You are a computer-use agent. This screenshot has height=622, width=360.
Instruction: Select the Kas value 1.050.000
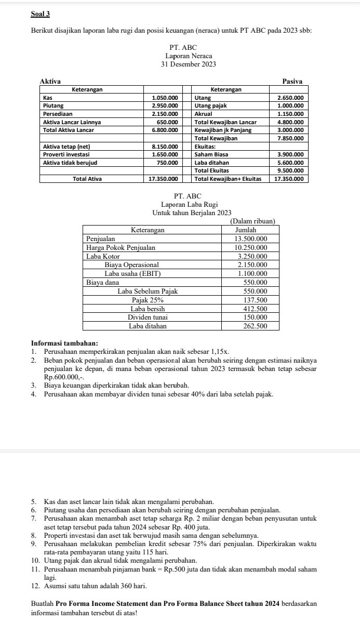(165, 97)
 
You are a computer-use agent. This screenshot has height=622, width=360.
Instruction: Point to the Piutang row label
(51, 105)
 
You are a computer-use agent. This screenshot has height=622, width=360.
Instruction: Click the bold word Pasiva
(292, 81)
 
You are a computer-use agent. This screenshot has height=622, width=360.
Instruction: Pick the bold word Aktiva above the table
(50, 81)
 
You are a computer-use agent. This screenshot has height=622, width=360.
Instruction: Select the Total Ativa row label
(87, 179)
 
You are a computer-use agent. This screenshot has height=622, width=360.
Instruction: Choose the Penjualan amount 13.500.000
(251, 239)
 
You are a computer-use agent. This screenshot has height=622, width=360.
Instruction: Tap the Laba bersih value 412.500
(255, 309)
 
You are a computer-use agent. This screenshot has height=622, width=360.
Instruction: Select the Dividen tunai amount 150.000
(255, 317)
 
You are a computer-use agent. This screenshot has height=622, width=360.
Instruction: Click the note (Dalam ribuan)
(252, 221)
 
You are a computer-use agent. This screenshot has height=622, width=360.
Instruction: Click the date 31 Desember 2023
(189, 64)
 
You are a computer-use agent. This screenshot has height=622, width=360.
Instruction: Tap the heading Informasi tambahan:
(61, 343)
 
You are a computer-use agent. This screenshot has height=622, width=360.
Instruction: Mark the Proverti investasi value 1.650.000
(165, 154)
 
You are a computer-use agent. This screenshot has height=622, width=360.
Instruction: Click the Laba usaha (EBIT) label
(133, 273)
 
